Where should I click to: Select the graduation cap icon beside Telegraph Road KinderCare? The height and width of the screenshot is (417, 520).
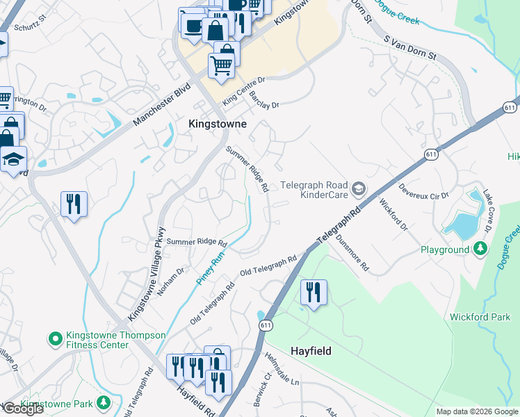(x=358, y=188)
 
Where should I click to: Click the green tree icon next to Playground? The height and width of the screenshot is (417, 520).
(x=480, y=249)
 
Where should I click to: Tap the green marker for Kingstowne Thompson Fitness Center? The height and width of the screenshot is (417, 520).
(x=55, y=340)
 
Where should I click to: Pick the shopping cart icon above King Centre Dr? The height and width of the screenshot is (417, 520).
(x=221, y=66)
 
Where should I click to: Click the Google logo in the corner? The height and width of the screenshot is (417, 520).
(x=22, y=409)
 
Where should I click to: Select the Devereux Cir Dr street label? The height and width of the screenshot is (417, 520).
(x=424, y=192)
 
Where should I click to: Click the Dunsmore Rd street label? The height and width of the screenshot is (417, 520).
(x=352, y=252)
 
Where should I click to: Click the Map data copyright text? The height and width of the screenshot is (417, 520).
(x=476, y=411)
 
